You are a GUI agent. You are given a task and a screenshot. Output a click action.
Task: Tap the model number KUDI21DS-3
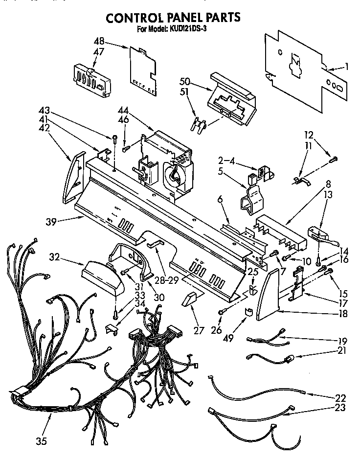click(x=191, y=29)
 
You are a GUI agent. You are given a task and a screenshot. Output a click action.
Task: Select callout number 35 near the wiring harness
click(x=41, y=441)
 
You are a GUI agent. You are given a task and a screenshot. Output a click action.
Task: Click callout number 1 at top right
click(x=346, y=67)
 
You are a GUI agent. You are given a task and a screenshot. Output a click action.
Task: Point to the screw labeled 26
click(x=222, y=311)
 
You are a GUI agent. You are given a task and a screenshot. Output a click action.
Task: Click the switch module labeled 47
click(x=91, y=79)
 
